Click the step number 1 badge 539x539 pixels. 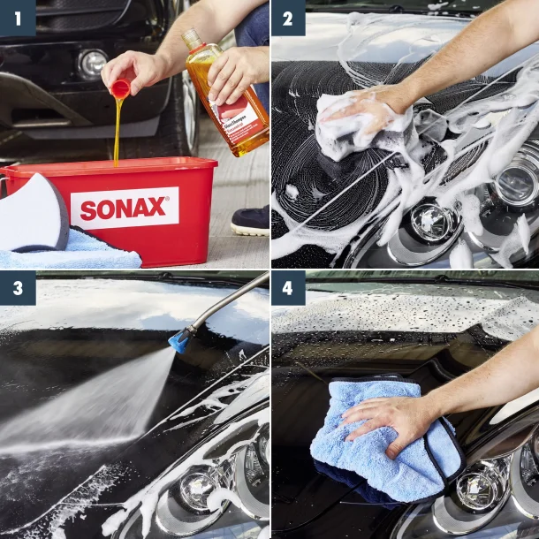pyautogui.click(x=18, y=18)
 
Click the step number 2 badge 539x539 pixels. pyautogui.click(x=288, y=18)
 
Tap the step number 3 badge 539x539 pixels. pyautogui.click(x=18, y=288)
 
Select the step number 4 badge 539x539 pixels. pyautogui.click(x=288, y=288)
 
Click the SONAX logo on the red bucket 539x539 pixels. pyautogui.click(x=124, y=209)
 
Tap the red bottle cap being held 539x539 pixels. pyautogui.click(x=120, y=87)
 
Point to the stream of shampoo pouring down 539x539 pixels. pyautogui.click(x=117, y=133)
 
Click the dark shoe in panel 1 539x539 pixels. pyautogui.click(x=251, y=221)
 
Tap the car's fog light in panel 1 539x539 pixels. pyautogui.click(x=91, y=64)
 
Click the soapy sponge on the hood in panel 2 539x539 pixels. pyautogui.click(x=362, y=128)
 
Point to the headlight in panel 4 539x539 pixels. pyautogui.click(x=482, y=490)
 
